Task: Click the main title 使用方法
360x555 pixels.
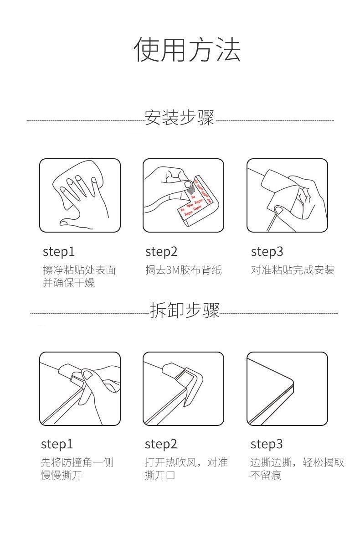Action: click(187, 50)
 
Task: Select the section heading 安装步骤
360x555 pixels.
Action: click(179, 118)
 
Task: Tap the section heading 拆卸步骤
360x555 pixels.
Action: click(185, 310)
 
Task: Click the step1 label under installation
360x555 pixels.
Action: click(59, 252)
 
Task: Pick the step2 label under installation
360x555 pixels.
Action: click(161, 252)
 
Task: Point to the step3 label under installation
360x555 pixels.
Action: click(267, 252)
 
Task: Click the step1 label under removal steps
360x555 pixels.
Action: click(57, 444)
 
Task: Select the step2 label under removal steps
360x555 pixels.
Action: click(161, 444)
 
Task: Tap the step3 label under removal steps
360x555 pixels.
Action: click(267, 444)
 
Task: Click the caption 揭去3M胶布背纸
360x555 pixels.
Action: click(184, 270)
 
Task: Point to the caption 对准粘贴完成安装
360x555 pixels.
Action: click(293, 270)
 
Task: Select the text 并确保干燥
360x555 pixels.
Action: click(69, 282)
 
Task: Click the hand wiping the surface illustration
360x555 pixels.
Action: click(80, 195)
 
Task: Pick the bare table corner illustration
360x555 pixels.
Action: click(287, 389)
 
